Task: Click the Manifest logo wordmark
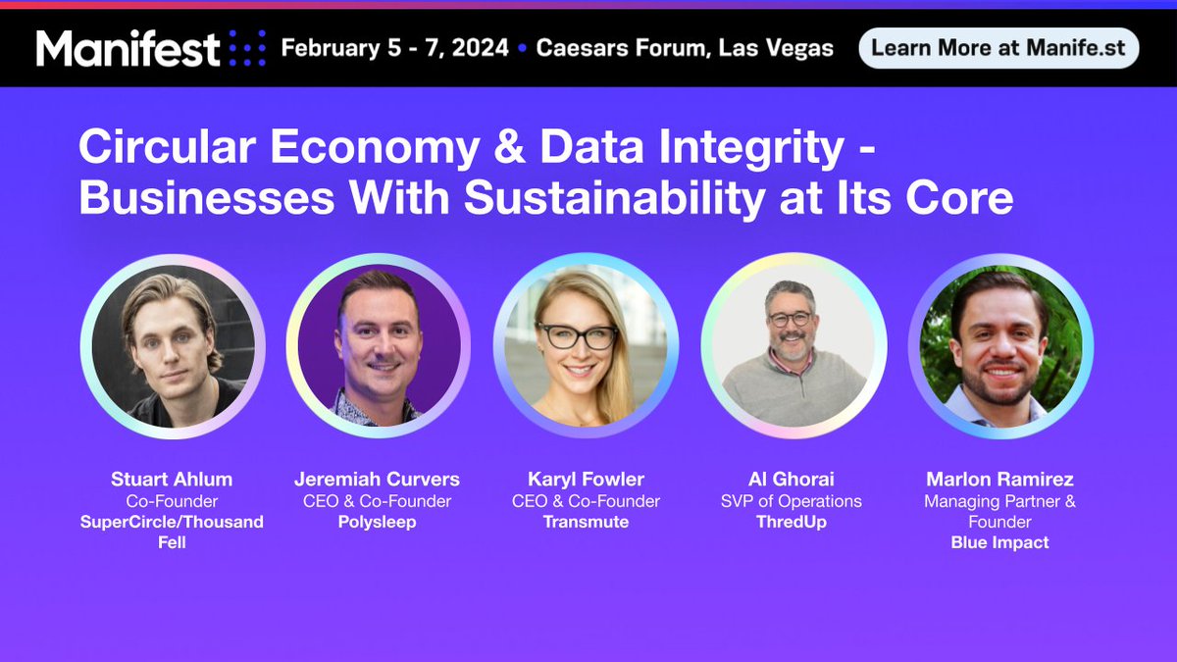pos(128,48)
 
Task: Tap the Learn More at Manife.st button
pos(998,47)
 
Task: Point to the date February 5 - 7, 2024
pos(395,48)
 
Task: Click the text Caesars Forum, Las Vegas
pos(685,48)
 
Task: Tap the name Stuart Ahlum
pos(171,480)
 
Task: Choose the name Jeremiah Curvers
pos(377,480)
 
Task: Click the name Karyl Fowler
pos(586,480)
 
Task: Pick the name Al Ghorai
pos(791,480)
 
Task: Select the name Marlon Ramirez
pos(999,480)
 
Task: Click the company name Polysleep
pos(377,522)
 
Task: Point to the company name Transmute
pos(586,522)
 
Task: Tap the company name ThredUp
pos(791,522)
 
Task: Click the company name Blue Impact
pos(999,542)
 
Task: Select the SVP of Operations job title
pos(791,501)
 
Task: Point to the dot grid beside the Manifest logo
pos(246,48)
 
